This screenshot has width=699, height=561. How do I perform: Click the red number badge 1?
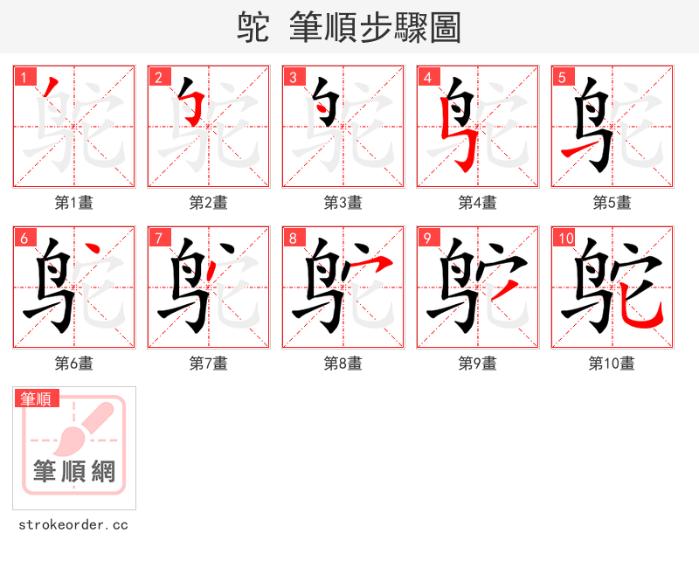coord(24,77)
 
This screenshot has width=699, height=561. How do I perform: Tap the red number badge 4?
coord(427,77)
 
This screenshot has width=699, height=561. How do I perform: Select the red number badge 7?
coord(158,238)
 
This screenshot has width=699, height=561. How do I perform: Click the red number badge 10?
coord(564,238)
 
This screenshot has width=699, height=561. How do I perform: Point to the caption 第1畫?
coord(73,203)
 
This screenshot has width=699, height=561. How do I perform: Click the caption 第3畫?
coord(343,203)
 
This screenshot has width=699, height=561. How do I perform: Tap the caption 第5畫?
coord(612,203)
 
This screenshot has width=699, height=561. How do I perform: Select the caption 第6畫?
coord(73,364)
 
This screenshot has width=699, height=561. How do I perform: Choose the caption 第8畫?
coord(343,364)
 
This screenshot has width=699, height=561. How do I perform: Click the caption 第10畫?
coord(612,364)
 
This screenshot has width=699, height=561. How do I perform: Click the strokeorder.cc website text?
coord(73,525)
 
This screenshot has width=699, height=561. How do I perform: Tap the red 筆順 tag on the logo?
coord(37,398)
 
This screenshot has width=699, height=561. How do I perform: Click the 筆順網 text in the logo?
coord(74,472)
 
